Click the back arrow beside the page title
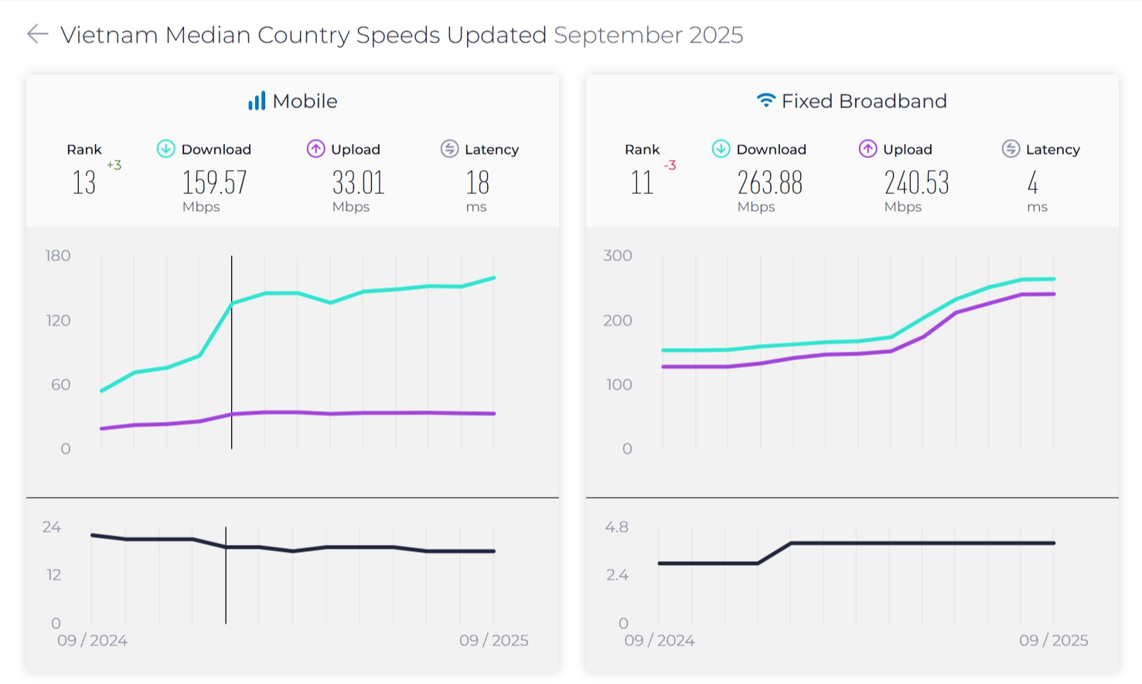click(x=37, y=34)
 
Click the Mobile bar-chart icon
click(x=257, y=101)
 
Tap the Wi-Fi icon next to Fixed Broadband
click(x=765, y=100)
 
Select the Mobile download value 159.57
click(x=214, y=183)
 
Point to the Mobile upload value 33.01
click(x=358, y=183)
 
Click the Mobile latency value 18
click(x=477, y=183)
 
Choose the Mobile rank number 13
click(x=84, y=183)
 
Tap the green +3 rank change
click(x=114, y=165)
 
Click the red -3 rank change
click(x=670, y=165)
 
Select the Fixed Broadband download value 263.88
click(x=769, y=183)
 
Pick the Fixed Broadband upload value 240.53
click(x=916, y=183)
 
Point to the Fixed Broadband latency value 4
click(x=1032, y=183)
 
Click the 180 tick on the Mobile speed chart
click(x=58, y=256)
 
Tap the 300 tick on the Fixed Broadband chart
click(x=618, y=256)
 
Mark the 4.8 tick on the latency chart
click(x=617, y=527)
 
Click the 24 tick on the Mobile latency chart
click(x=52, y=527)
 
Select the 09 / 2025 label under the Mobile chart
click(x=494, y=641)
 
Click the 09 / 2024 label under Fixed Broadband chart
click(x=660, y=641)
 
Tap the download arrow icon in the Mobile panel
click(x=165, y=148)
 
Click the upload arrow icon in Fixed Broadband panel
click(x=868, y=148)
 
